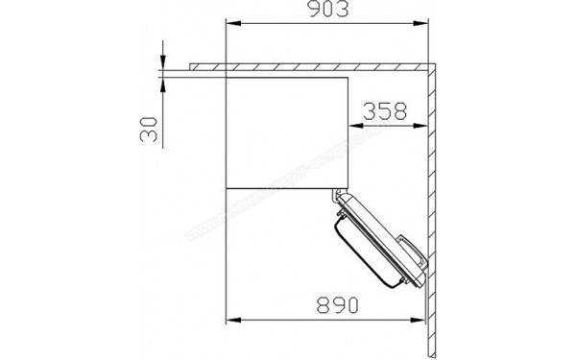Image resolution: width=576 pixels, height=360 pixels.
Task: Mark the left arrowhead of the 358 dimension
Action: pos(349,126)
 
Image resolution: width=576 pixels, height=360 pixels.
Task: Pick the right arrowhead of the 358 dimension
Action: pos(423,126)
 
